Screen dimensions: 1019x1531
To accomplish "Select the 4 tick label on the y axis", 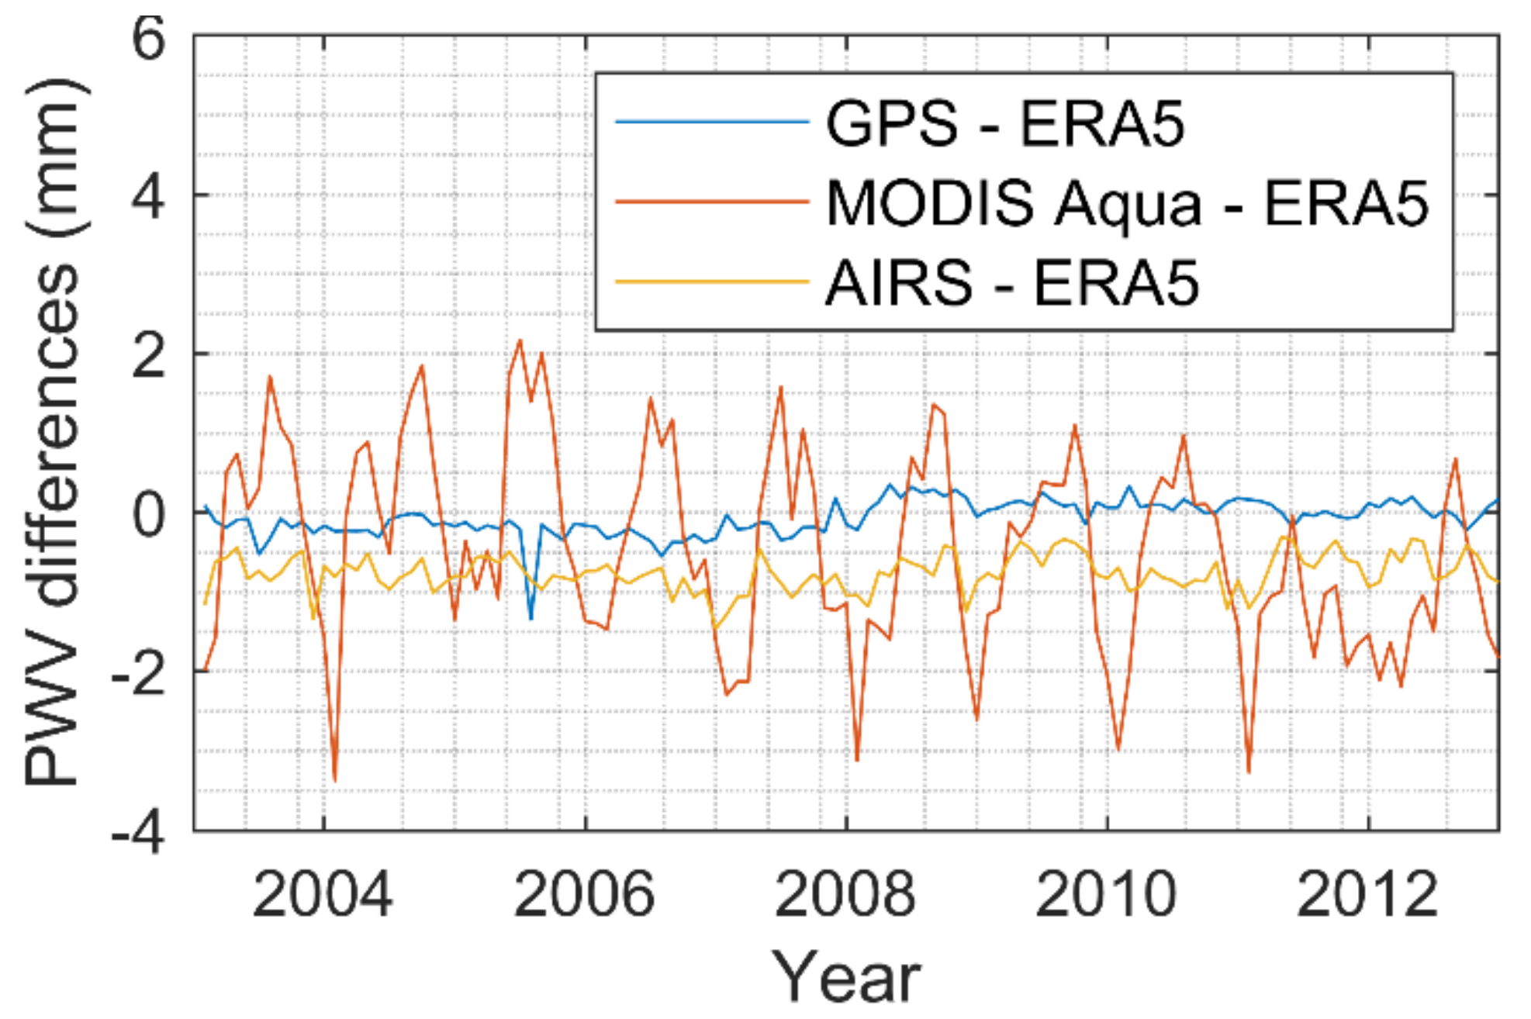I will click(148, 197).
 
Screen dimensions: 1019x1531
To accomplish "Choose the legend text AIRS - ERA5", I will click(1011, 283).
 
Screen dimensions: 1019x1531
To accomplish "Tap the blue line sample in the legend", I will click(711, 122).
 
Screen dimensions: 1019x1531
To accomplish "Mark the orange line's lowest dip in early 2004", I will click(334, 780).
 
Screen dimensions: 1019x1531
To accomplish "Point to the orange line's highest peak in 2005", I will click(520, 340).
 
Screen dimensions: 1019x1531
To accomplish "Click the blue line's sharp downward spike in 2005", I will click(530, 618).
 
